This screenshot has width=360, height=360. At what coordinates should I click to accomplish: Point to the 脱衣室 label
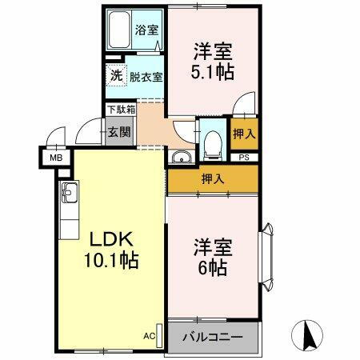click(146, 77)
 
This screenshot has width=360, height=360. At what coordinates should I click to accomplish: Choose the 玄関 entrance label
click(118, 132)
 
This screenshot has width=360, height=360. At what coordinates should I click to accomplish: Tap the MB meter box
click(57, 157)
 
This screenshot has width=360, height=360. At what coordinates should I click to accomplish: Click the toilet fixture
click(212, 142)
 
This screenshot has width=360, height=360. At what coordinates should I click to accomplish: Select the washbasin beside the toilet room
click(182, 156)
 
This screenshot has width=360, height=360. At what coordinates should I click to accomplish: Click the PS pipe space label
click(243, 157)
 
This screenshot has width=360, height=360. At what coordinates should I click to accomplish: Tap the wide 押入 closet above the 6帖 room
click(213, 178)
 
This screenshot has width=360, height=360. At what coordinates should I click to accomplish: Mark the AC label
click(149, 335)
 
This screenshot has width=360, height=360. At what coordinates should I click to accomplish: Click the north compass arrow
click(306, 333)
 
